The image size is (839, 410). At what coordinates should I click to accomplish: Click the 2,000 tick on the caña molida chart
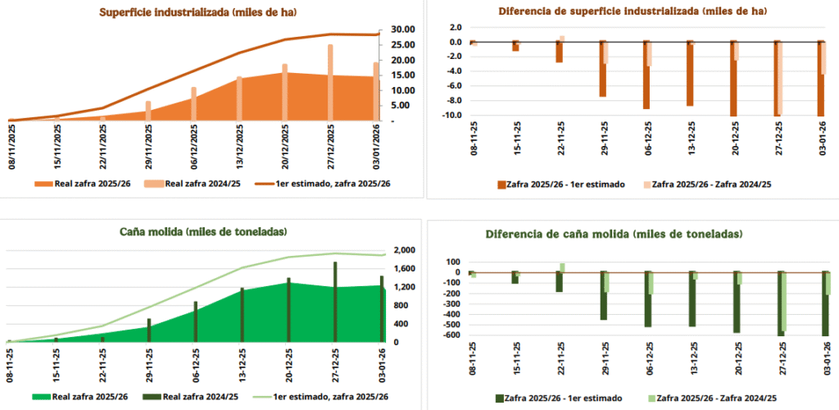click(406, 250)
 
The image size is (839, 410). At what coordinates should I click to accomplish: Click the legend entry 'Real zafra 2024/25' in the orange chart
click(193, 183)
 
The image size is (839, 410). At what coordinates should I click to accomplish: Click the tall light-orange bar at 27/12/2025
click(331, 82)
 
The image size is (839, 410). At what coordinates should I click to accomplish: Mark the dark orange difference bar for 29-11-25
click(602, 69)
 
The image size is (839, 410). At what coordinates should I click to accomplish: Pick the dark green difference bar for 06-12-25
click(647, 299)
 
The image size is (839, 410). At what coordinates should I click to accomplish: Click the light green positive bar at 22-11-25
click(563, 267)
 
